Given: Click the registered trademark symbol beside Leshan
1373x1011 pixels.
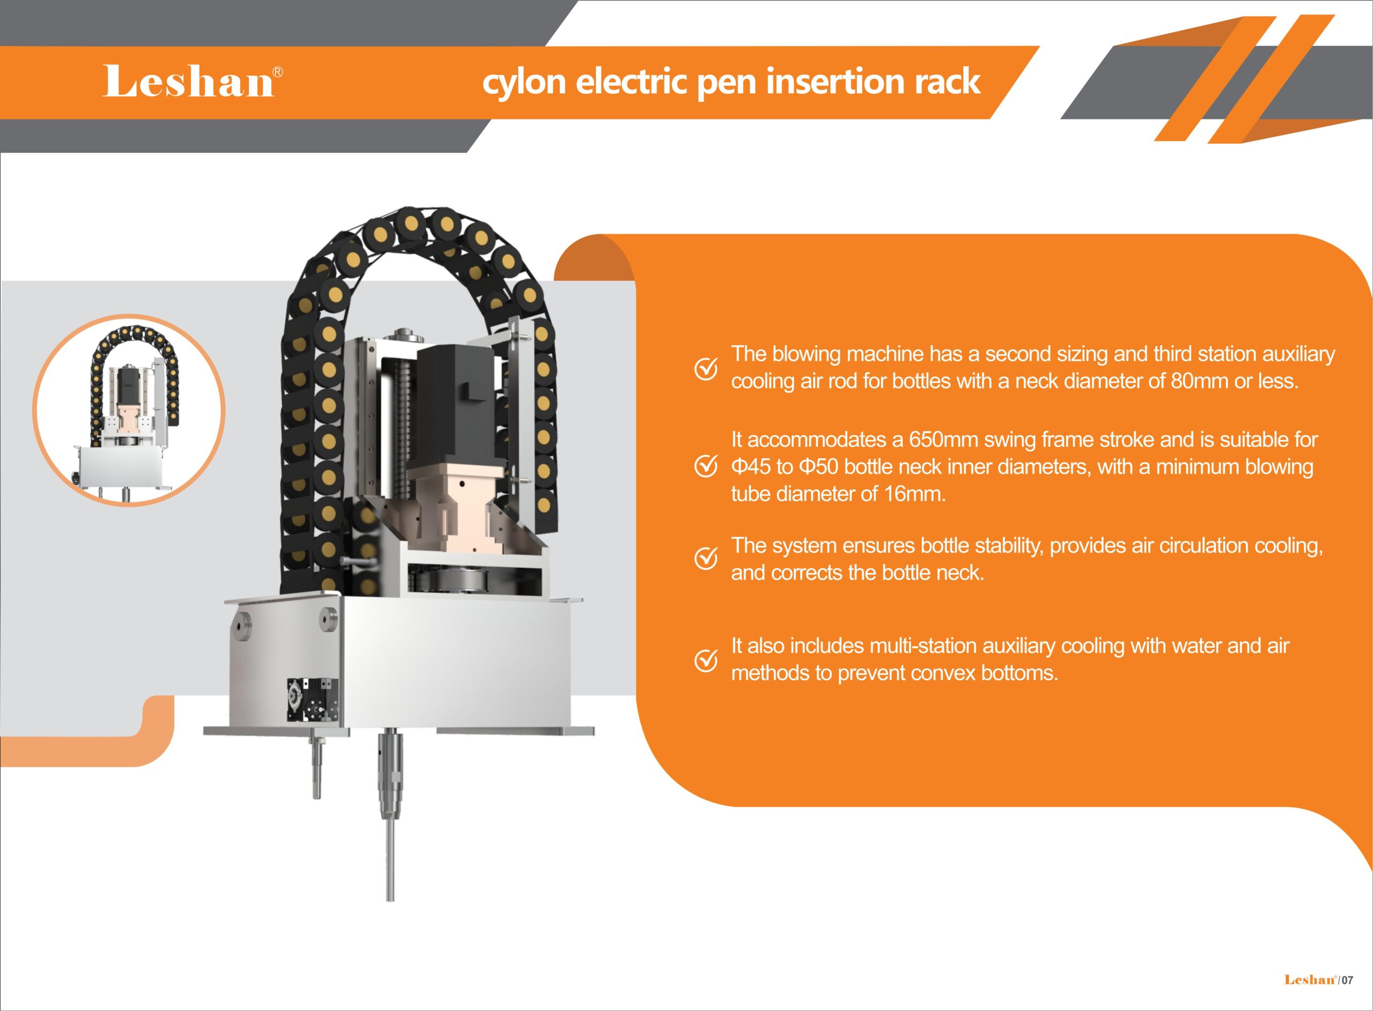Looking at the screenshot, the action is click(277, 72).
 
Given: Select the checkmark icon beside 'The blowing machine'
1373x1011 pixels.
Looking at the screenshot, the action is click(706, 368).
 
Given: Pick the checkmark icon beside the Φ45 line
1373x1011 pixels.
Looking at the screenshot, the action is click(706, 467).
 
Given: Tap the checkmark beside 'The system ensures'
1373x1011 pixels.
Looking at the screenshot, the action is click(706, 558).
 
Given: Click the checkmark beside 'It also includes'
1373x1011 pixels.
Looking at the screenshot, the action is click(706, 660).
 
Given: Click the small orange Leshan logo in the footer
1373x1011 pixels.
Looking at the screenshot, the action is click(1309, 980).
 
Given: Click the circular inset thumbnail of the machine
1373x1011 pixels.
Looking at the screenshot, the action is click(129, 410).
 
